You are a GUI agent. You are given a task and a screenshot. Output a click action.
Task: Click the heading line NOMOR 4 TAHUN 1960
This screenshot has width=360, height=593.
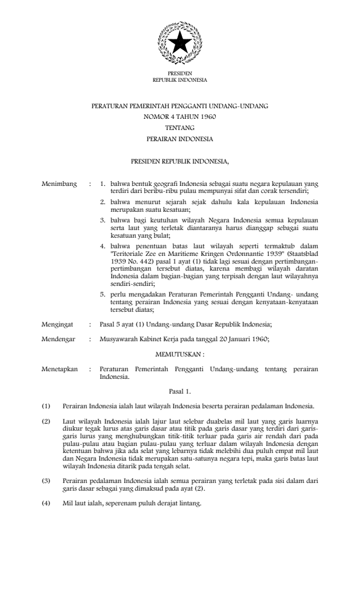coord(179,116)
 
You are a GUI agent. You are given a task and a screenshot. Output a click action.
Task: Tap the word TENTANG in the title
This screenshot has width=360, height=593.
coord(179,128)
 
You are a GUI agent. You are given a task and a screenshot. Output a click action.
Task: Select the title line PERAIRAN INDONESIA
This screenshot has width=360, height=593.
coord(179,139)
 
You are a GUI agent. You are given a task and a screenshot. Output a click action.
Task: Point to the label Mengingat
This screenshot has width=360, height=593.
coord(58,323)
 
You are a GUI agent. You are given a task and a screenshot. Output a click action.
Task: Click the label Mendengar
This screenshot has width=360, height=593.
coord(59,337)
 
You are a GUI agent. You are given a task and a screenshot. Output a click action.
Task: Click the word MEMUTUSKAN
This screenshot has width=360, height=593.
coord(179,354)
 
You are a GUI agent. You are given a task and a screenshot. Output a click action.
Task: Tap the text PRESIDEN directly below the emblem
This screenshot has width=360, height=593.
coord(179,73)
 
